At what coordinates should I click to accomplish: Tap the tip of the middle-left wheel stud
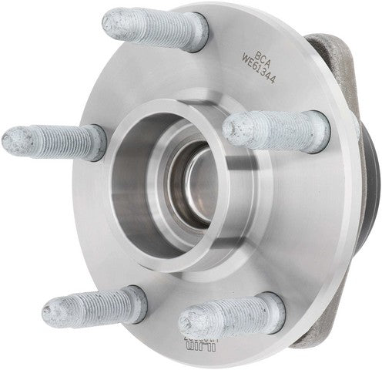(x=12, y=140)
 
